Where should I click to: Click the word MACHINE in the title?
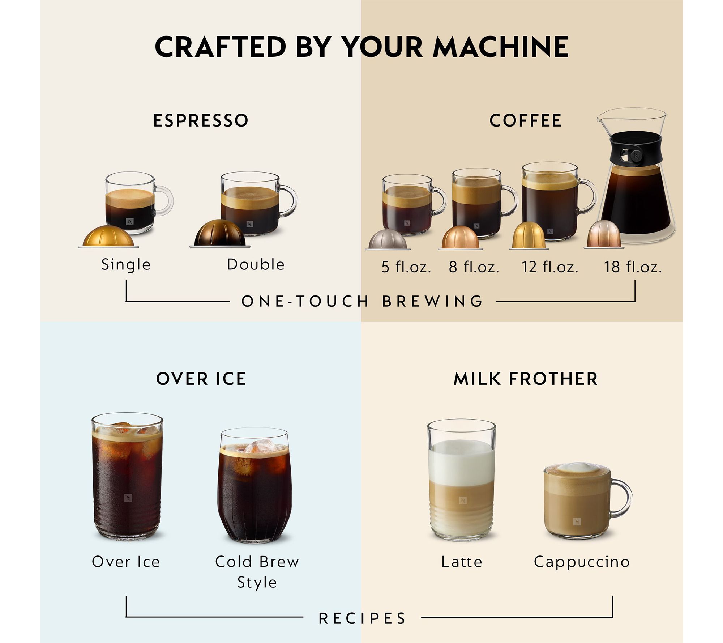point(501,47)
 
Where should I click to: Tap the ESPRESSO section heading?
point(201,120)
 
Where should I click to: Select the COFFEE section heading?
point(526,120)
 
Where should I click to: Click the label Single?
point(126,264)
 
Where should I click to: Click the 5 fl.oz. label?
point(406,267)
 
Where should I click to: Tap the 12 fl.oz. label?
point(549,267)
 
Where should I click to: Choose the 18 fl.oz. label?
point(633,267)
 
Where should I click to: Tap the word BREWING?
point(433,301)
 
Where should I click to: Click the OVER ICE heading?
point(201,379)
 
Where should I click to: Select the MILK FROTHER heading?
point(526,379)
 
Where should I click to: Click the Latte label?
point(462,562)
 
